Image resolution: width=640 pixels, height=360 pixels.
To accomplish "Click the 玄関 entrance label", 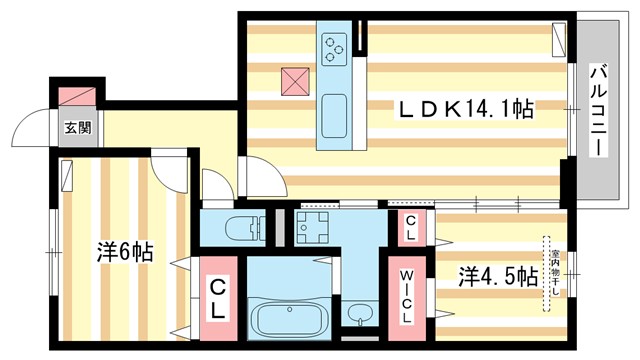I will [x=79, y=127].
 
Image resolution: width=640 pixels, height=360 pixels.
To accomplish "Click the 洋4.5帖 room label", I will [x=499, y=275].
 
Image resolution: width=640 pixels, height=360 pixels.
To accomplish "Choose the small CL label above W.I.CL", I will [x=410, y=231].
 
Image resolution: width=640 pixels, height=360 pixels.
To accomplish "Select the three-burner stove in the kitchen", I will [x=333, y=46].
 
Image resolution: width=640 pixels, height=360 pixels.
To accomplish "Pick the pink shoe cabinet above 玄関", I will [x=79, y=96].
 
